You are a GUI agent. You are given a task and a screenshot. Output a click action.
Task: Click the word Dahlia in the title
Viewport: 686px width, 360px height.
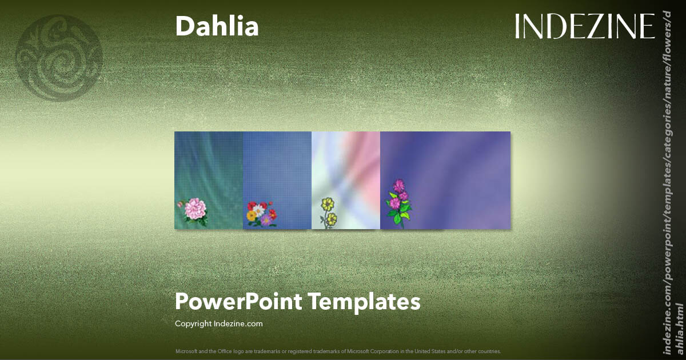coord(217,26)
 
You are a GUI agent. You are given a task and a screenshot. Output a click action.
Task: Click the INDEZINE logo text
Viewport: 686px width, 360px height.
coord(584,27)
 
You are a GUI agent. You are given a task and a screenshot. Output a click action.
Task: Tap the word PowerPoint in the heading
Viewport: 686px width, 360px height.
coord(239,301)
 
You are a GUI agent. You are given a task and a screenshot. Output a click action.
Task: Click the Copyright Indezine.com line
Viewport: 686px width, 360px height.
coord(219,323)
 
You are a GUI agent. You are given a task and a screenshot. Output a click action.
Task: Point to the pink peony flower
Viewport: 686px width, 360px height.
coord(194,210)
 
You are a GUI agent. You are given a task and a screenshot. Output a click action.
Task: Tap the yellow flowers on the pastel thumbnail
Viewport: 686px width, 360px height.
coord(328,211)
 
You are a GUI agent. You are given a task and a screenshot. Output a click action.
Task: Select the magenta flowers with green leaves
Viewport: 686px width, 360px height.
coord(398,202)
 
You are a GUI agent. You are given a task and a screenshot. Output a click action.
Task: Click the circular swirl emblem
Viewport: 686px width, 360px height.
coord(59,58)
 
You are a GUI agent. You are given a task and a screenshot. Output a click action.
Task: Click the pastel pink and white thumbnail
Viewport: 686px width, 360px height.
coord(346,171)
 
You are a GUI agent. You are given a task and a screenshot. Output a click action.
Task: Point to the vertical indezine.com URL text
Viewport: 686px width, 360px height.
coord(672,183)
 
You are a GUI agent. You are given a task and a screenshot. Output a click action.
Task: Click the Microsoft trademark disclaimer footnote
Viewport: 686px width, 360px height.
coord(338,351)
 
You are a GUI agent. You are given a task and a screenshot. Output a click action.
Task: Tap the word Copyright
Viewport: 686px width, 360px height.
coord(193,323)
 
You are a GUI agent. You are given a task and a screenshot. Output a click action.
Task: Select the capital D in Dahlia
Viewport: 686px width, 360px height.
coord(184,26)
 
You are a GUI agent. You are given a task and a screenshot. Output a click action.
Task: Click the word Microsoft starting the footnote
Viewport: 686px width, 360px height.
coord(186,351)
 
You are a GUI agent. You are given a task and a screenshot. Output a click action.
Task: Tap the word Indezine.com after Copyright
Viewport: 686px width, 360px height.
coord(238,323)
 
